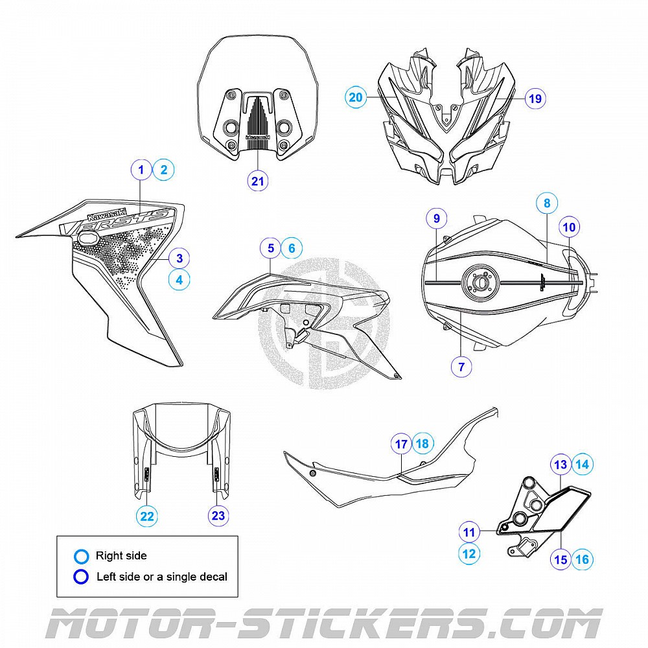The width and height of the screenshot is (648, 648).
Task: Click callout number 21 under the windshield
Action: pos(258,181)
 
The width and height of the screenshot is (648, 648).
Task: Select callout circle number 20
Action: pos(356,98)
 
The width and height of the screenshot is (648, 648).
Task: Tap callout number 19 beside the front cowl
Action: pos(535,98)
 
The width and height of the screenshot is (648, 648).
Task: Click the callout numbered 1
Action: pos(141,170)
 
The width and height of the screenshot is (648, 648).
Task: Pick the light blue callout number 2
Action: pos(163,170)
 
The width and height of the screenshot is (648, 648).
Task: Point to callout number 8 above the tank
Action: pos(547,203)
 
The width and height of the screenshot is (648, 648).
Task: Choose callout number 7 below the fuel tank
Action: pos(461,367)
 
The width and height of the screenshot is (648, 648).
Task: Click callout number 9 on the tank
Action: pos(437,218)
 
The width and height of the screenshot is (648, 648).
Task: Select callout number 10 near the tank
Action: pos(569,227)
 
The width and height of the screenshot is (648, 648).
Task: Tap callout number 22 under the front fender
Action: pos(147,516)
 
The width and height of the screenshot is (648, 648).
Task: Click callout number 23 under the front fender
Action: pos(218,516)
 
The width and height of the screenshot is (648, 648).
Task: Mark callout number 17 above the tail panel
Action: pos(401,444)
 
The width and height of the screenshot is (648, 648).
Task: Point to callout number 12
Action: pos(469,554)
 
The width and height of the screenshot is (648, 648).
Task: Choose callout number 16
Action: pos(583,559)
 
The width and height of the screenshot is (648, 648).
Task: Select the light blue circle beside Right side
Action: pos(81,556)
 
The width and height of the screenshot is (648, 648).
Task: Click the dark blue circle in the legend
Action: pos(81,576)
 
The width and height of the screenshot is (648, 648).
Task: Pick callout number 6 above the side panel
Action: pos(292,248)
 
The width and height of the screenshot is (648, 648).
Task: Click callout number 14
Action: pos(583,464)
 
